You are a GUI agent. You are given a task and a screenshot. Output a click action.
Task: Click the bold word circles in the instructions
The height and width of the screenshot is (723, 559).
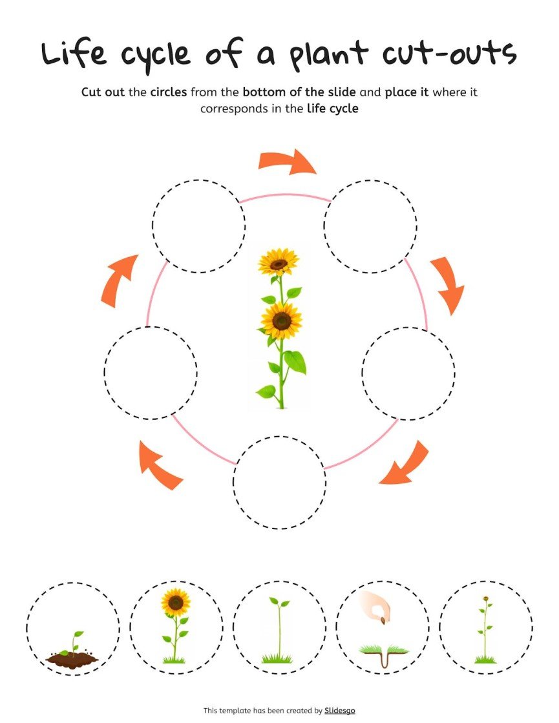point(168,92)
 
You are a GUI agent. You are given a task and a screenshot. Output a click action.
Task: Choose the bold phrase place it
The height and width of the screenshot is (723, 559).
point(406,92)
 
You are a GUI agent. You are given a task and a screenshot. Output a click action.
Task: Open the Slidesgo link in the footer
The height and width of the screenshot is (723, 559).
point(340,711)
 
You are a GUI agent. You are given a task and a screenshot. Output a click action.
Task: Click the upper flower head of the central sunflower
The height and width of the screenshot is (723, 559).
point(279,262)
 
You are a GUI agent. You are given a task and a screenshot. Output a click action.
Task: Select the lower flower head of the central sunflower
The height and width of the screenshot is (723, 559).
point(281,320)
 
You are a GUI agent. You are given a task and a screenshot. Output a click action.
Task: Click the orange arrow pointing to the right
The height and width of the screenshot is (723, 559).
point(288,162)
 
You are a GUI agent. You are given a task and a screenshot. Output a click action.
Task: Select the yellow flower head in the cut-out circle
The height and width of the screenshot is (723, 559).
point(175,602)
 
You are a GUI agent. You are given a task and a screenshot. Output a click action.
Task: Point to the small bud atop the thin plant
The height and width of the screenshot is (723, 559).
point(485,599)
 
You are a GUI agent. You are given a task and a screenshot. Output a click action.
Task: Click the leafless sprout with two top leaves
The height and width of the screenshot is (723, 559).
point(279,627)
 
